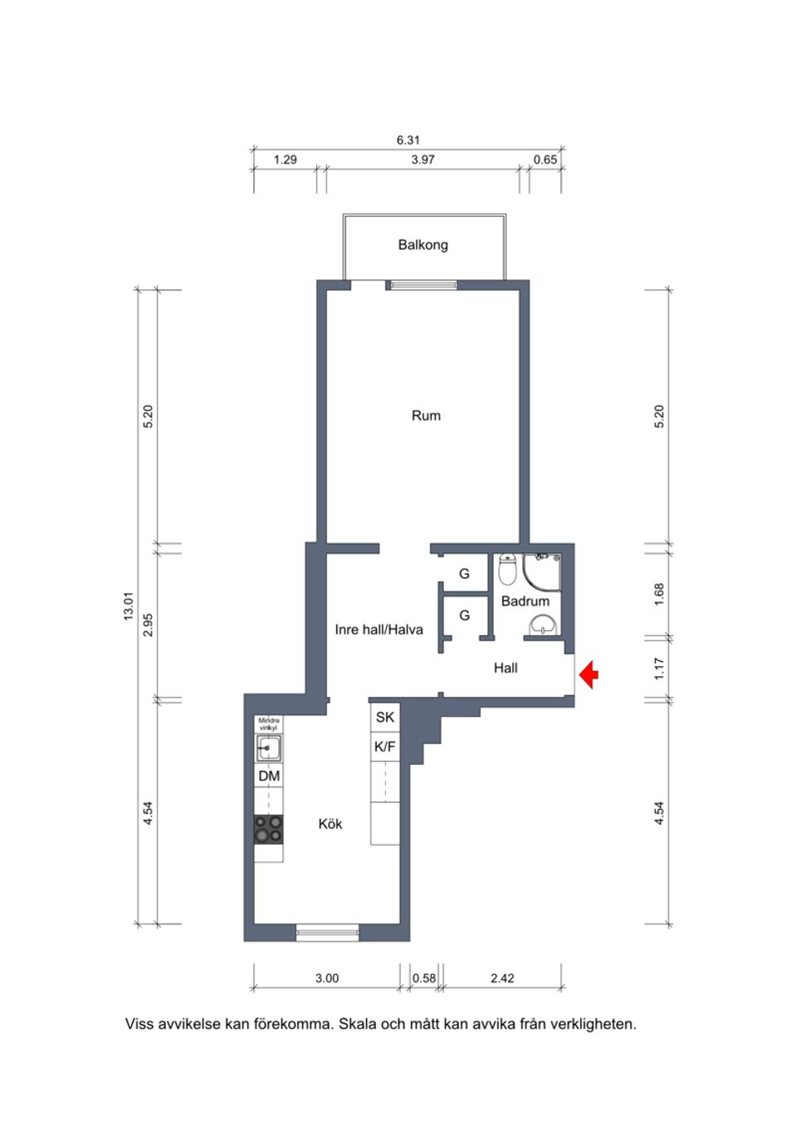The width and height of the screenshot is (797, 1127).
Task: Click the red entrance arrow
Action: tap(589, 674)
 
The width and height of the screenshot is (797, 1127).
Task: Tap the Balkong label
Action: tap(423, 245)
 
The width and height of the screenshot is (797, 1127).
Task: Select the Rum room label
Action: tap(426, 415)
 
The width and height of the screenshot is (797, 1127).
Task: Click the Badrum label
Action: tap(525, 600)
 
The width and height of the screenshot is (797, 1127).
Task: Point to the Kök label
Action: tap(330, 824)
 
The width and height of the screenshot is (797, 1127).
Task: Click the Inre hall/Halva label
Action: tap(379, 630)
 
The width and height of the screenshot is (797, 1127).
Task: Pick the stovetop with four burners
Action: tap(268, 828)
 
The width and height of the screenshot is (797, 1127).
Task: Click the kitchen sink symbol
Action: tap(267, 748)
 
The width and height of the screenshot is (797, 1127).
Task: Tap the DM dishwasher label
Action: tap(268, 777)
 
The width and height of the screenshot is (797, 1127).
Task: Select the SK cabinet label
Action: tap(385, 718)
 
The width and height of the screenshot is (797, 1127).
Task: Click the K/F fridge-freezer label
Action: tap(385, 747)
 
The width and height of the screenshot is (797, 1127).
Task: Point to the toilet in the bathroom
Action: tap(507, 571)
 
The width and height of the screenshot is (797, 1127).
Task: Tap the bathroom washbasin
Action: tap(543, 625)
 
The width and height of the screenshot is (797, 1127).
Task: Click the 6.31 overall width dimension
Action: tap(408, 140)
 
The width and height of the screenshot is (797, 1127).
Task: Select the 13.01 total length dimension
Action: tap(128, 606)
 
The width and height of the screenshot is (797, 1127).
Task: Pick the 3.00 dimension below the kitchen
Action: tap(326, 978)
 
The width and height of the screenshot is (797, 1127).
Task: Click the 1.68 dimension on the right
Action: tap(659, 593)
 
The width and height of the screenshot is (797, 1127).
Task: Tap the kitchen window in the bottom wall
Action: tap(327, 934)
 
